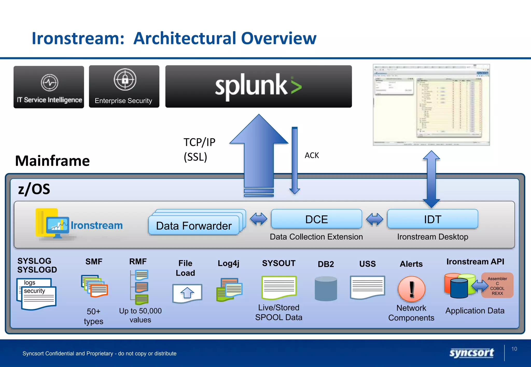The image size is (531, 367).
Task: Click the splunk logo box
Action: click(x=258, y=86)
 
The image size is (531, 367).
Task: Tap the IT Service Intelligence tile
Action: click(x=49, y=87)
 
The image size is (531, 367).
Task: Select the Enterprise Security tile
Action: click(x=124, y=86)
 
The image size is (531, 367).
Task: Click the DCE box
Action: click(x=316, y=219)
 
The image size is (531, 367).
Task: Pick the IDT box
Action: click(x=432, y=219)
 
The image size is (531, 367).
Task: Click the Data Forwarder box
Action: click(x=194, y=225)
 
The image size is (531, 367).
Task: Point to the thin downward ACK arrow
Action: click(x=295, y=160)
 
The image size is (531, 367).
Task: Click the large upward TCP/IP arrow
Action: click(x=259, y=153)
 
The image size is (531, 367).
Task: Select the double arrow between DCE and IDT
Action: click(x=374, y=219)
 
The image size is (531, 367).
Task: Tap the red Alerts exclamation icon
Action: click(x=411, y=289)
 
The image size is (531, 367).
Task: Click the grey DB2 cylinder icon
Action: click(x=326, y=288)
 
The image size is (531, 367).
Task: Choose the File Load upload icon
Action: click(x=187, y=293)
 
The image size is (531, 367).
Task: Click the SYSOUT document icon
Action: click(x=279, y=288)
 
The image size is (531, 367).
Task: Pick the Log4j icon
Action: click(x=229, y=290)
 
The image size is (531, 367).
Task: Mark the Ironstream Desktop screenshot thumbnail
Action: click(x=431, y=105)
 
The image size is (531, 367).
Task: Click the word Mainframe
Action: click(x=52, y=161)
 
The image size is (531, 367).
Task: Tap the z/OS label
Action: click(x=34, y=189)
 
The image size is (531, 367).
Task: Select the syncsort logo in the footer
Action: click(x=471, y=353)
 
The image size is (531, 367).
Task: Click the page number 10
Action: click(x=514, y=349)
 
